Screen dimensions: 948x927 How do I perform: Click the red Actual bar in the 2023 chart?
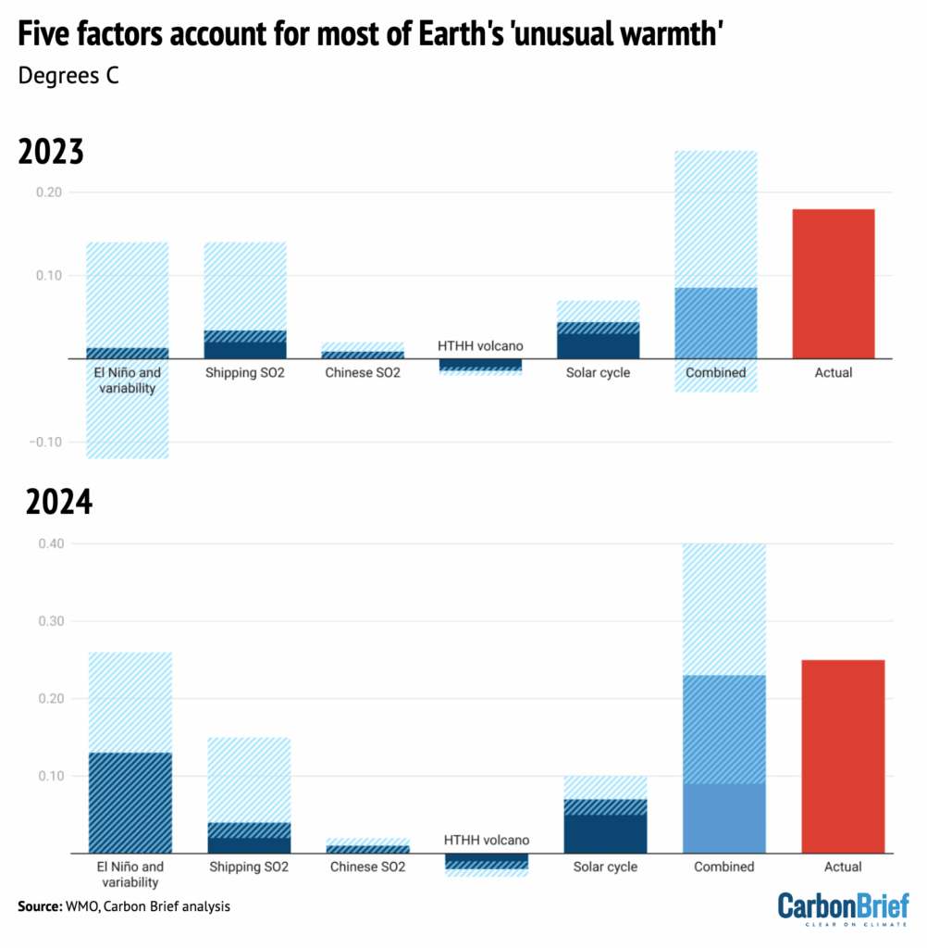pos(834,283)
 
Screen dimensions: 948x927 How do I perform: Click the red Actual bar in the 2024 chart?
pos(842,756)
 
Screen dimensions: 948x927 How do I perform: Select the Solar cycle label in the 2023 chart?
pos(598,373)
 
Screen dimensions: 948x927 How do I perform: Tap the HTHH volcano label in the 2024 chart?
pos(487,840)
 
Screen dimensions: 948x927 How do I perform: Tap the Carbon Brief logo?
pos(843,908)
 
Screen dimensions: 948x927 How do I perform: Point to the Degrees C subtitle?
pos(68,75)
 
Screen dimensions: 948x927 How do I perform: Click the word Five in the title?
pos(45,35)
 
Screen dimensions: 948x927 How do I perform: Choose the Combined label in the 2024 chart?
pos(723,867)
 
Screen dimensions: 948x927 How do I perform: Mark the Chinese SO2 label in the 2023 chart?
pos(363,373)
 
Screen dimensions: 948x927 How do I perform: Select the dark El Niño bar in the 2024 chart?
pos(130,803)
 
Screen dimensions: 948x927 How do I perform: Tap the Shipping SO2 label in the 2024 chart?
pos(249,867)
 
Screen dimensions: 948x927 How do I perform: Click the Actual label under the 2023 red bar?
pos(834,373)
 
